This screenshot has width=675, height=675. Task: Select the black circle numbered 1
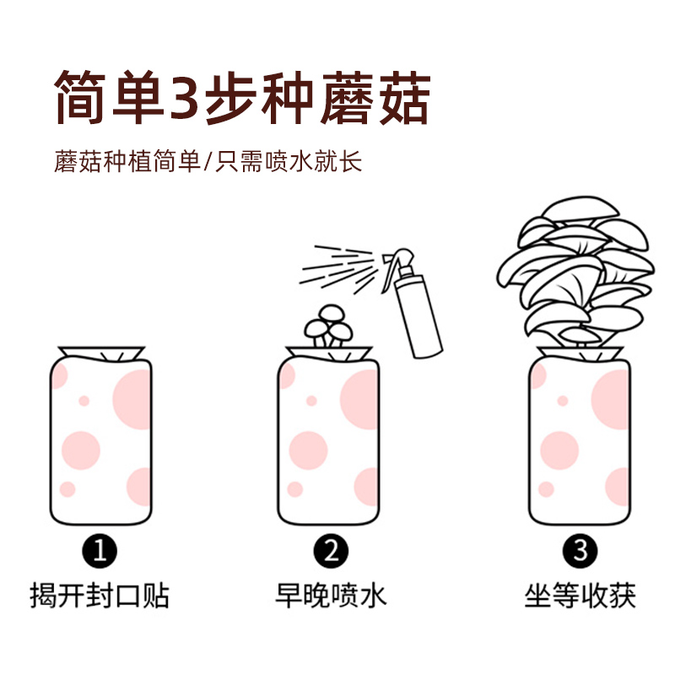tap(100, 553)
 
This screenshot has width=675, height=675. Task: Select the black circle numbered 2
tap(331, 553)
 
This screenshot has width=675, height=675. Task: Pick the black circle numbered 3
tap(580, 553)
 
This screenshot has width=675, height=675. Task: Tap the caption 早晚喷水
tap(331, 597)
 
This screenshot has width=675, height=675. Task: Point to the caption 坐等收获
tap(580, 597)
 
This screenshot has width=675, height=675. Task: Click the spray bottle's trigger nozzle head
tap(399, 263)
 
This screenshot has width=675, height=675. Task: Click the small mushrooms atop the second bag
tap(327, 325)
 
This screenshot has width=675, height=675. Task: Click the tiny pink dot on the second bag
tap(311, 401)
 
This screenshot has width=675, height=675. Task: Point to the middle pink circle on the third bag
tap(559, 450)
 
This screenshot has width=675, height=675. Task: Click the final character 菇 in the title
tap(394, 98)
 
